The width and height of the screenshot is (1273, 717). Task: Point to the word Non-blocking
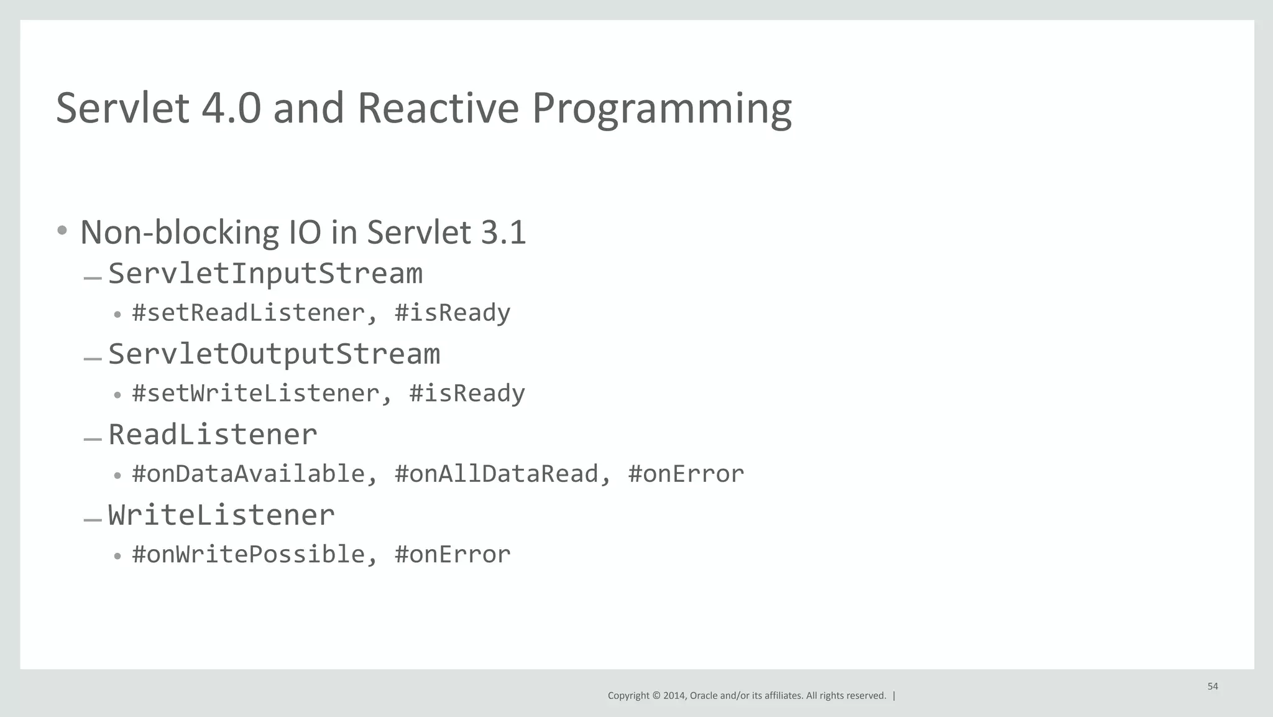click(x=178, y=233)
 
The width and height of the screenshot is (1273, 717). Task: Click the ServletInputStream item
click(x=265, y=274)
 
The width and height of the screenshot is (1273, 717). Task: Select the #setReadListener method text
click(x=247, y=313)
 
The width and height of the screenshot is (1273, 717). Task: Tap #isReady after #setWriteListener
click(x=467, y=394)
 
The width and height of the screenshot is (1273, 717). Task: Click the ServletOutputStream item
click(x=274, y=354)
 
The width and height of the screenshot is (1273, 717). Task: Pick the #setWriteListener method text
click(x=255, y=394)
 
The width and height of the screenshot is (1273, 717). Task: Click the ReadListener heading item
click(x=213, y=435)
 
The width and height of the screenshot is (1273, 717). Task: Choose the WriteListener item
click(x=221, y=516)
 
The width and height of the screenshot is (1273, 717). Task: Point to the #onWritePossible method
click(x=247, y=555)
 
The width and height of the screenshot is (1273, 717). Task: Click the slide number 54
click(x=1212, y=687)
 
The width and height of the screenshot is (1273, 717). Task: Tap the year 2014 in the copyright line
click(x=674, y=696)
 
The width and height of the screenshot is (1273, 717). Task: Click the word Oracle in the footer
click(x=703, y=696)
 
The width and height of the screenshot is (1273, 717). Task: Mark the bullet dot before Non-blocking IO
click(x=62, y=231)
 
